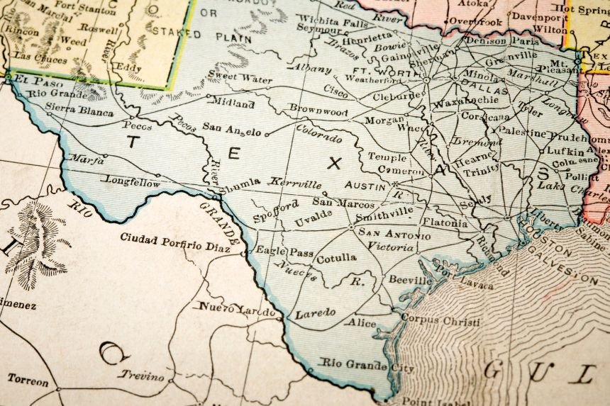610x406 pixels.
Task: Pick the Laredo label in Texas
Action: coord(315,312)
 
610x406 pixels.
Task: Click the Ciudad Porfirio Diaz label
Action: coord(179,237)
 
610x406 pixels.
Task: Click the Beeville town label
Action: coord(409,280)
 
